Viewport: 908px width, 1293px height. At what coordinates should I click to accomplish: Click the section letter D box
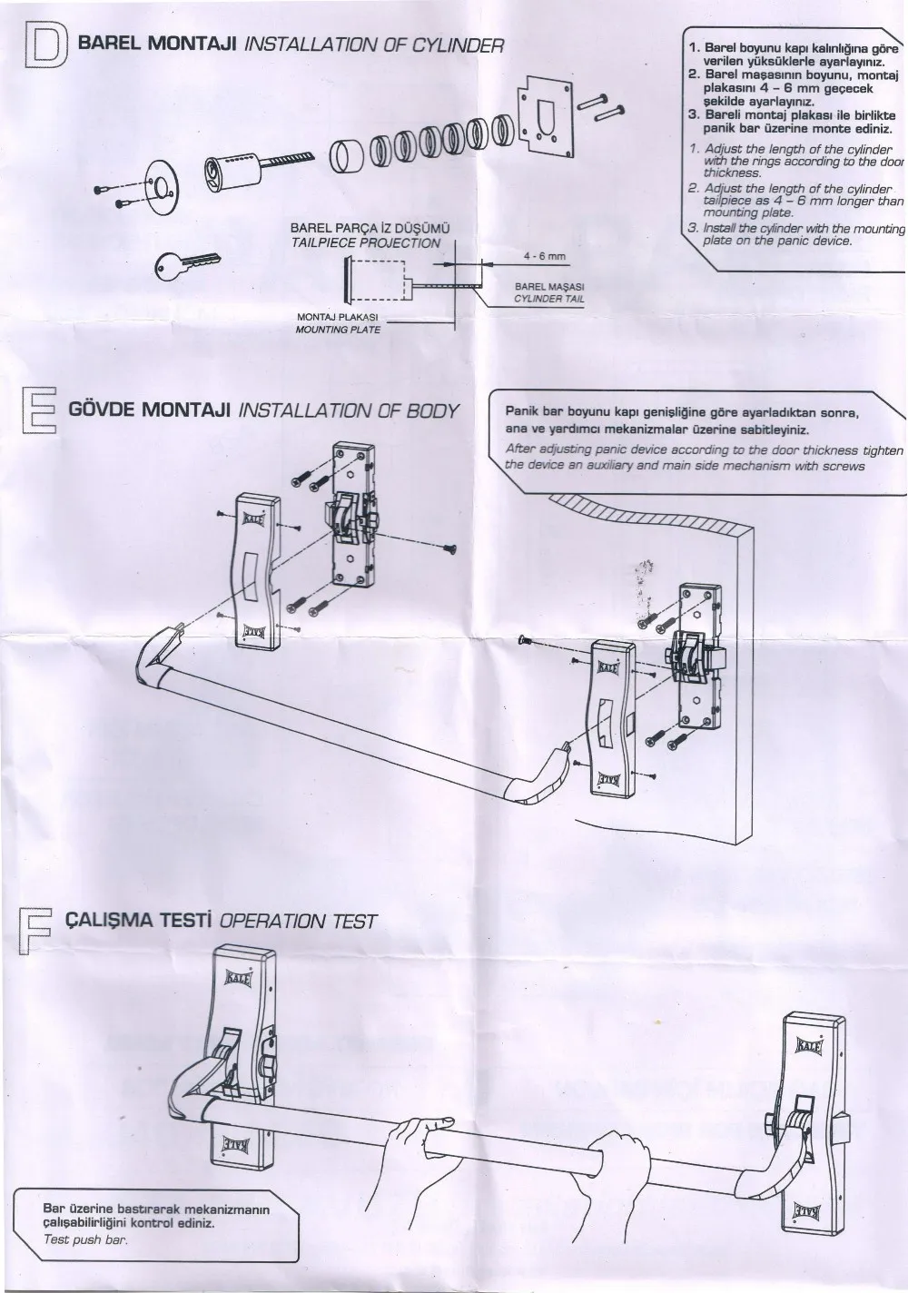(43, 48)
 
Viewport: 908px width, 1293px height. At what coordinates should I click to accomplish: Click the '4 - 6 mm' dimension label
(545, 257)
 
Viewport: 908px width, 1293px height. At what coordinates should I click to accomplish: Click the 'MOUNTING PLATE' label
(338, 329)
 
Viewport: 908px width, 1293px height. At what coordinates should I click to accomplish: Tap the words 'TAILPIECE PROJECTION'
(365, 243)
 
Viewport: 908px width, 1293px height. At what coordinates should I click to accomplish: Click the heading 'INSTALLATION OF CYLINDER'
(375, 44)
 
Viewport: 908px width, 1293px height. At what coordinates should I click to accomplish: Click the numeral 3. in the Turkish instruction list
(692, 114)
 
